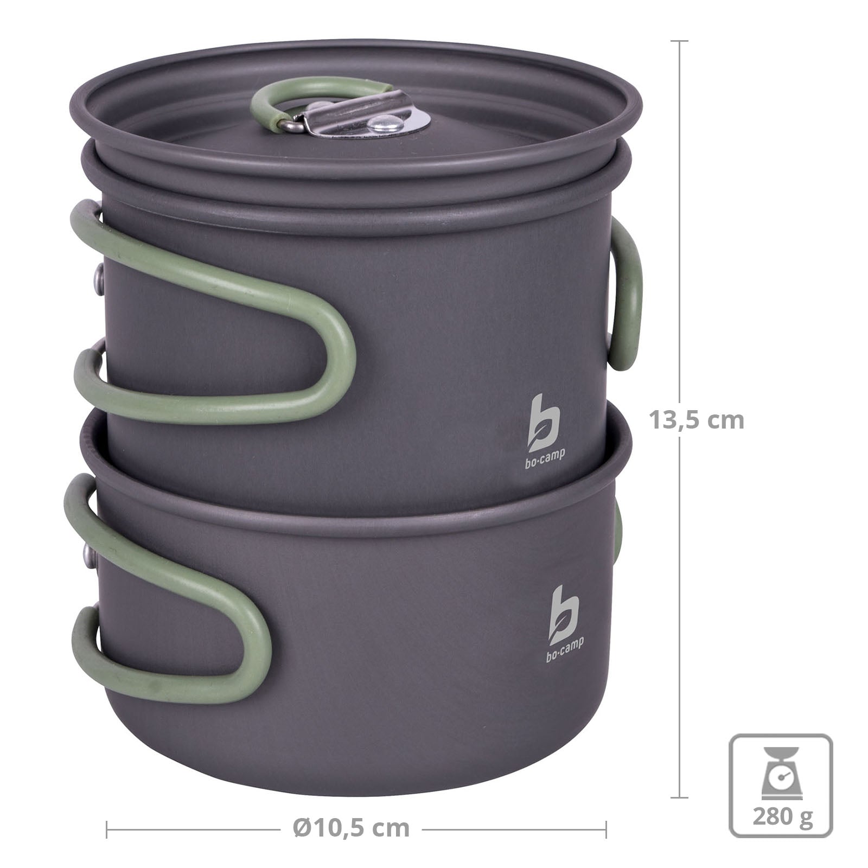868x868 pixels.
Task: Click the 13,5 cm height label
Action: coord(697,420)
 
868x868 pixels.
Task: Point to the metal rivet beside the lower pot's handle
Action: coord(87,553)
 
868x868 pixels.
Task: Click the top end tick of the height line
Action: coord(680,41)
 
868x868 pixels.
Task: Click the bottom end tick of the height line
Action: coord(680,797)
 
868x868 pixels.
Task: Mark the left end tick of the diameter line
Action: coord(107,829)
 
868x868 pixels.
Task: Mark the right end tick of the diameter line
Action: coord(606,829)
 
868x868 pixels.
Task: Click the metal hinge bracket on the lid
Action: coord(325,111)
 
